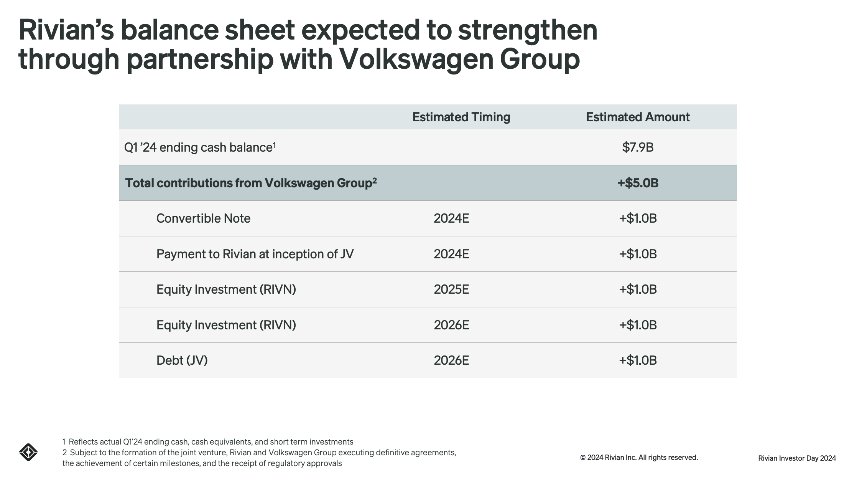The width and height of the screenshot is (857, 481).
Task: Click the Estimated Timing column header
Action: [461, 117]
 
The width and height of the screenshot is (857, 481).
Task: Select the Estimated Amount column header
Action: [637, 117]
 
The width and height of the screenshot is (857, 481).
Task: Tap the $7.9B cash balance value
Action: [638, 147]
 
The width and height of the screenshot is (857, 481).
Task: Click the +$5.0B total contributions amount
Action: [638, 183]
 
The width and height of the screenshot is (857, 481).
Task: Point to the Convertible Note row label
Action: [203, 218]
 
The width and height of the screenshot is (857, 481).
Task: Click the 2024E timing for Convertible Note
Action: [451, 218]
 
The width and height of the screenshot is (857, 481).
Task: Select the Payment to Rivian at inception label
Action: [255, 254]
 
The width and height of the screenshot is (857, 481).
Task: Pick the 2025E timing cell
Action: [451, 289]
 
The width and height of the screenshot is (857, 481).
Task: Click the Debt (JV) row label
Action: [182, 360]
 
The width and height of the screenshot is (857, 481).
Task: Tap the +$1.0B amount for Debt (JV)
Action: [638, 360]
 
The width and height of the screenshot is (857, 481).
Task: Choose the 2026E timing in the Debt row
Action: [451, 360]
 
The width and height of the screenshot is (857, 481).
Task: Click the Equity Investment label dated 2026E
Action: [226, 325]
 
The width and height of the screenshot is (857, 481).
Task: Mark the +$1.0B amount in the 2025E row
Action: [638, 289]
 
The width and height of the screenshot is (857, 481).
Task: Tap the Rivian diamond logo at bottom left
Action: [28, 452]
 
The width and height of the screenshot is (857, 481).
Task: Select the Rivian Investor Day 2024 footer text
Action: [797, 458]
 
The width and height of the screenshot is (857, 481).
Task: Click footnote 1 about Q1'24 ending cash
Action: [207, 442]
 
